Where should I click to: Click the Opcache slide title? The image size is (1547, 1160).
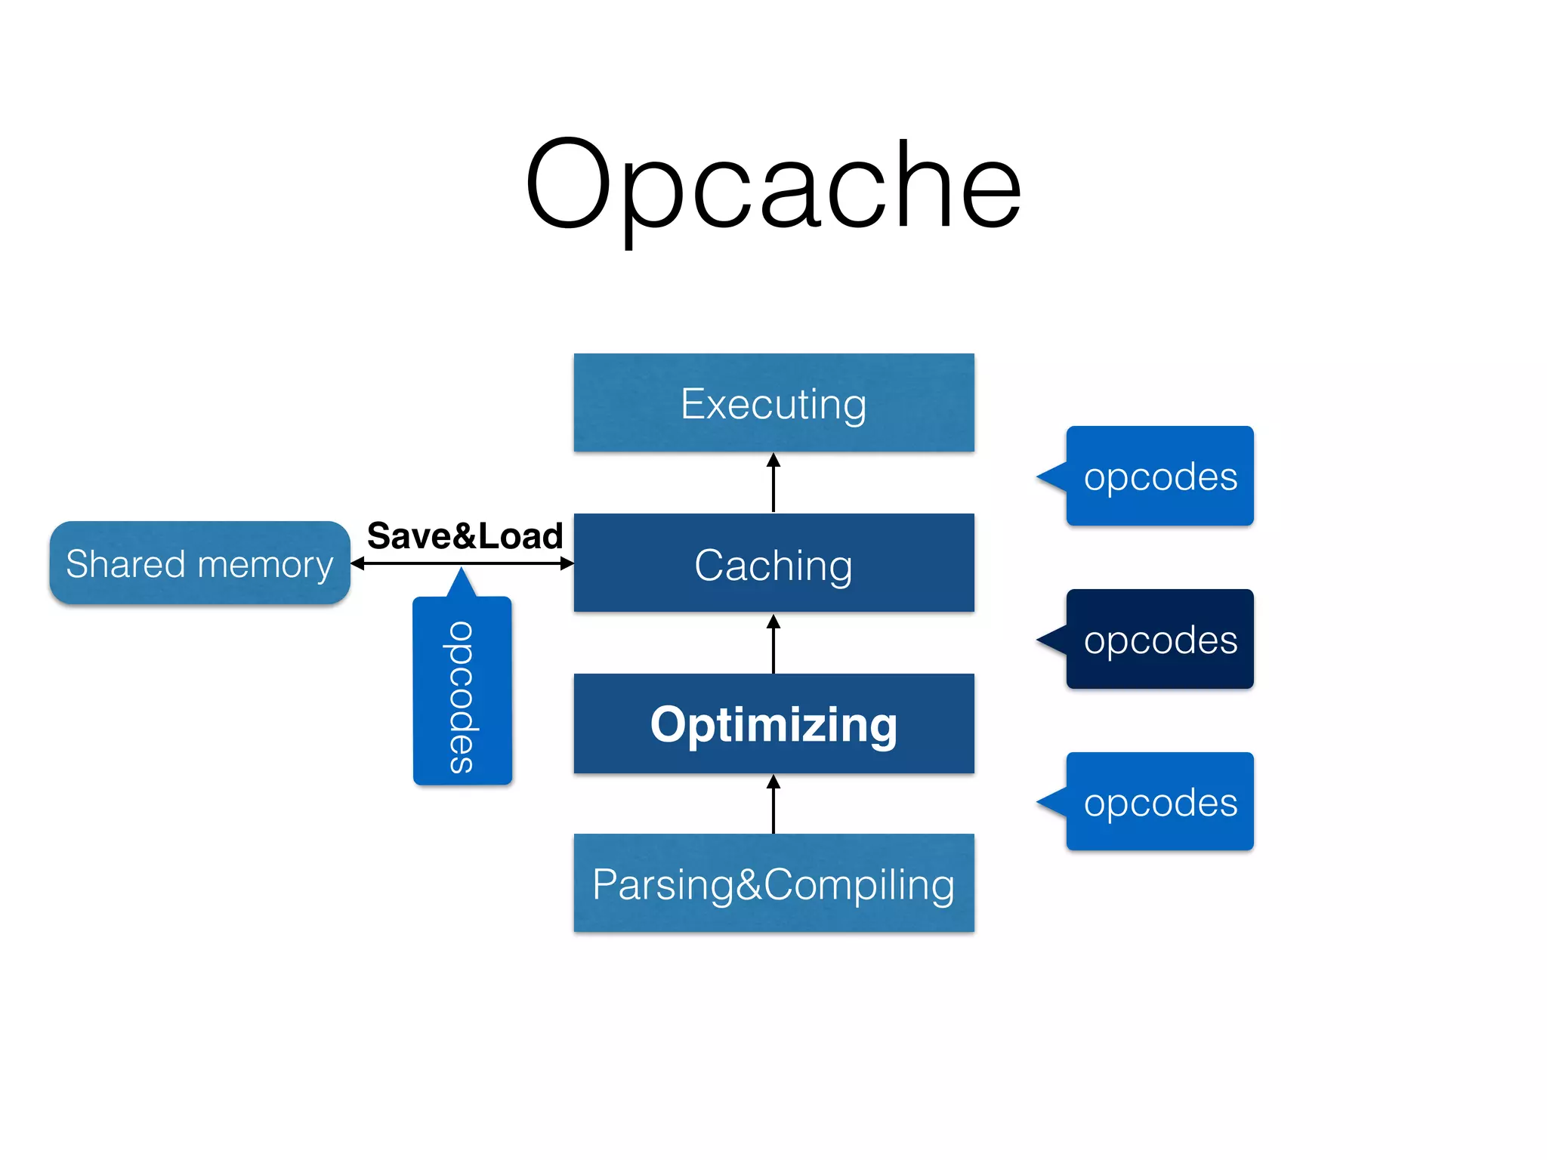(x=773, y=185)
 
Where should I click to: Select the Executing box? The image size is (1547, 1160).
(x=773, y=403)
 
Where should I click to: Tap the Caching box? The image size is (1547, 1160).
(x=773, y=563)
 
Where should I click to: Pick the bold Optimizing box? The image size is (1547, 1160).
(x=773, y=723)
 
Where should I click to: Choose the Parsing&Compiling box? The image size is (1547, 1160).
(x=773, y=884)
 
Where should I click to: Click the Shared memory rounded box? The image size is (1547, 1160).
(x=199, y=563)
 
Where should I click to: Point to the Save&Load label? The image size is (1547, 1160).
(x=465, y=535)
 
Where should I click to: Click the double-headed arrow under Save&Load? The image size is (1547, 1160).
(x=462, y=563)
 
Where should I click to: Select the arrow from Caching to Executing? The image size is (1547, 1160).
(x=773, y=483)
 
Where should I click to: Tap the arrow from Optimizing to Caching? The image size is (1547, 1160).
(x=773, y=643)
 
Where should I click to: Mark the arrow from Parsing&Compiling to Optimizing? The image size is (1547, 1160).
(x=773, y=804)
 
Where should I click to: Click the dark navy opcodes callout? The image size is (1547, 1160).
(x=1159, y=639)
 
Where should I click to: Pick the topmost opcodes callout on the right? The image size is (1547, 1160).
(x=1159, y=476)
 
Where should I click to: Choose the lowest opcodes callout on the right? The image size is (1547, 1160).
(x=1159, y=801)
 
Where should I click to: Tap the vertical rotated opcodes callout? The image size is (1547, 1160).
(x=462, y=691)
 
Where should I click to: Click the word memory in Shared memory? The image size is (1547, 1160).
(x=265, y=565)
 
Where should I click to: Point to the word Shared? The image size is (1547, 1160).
(x=125, y=563)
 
